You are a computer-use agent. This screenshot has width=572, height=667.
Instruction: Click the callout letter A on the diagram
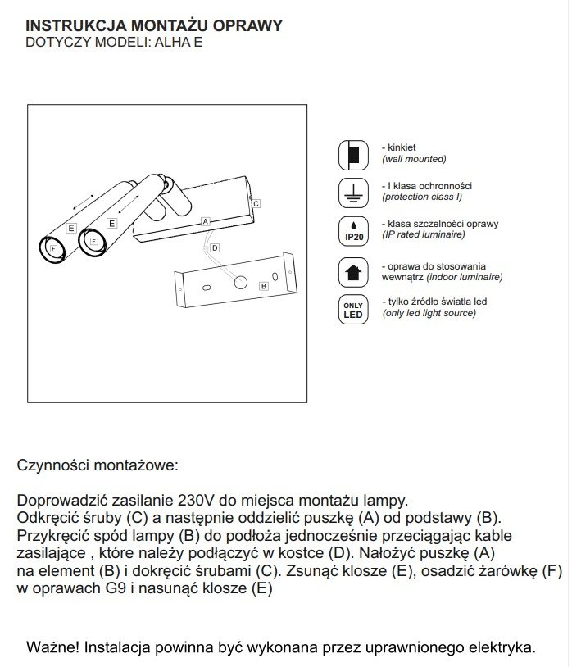click(206, 221)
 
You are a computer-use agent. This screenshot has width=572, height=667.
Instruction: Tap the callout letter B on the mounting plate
click(263, 286)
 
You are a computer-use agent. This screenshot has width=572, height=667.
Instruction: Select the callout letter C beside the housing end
click(256, 202)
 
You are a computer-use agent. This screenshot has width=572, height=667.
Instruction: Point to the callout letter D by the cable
click(214, 247)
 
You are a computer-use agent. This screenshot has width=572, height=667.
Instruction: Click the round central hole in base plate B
click(241, 283)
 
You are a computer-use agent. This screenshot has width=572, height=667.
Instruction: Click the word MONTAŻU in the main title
click(149, 25)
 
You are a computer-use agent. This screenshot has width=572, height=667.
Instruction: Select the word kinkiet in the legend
click(404, 147)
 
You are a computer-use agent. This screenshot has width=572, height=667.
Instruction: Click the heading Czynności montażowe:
click(97, 465)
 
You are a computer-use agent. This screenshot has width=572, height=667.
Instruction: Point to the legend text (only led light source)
click(429, 314)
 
